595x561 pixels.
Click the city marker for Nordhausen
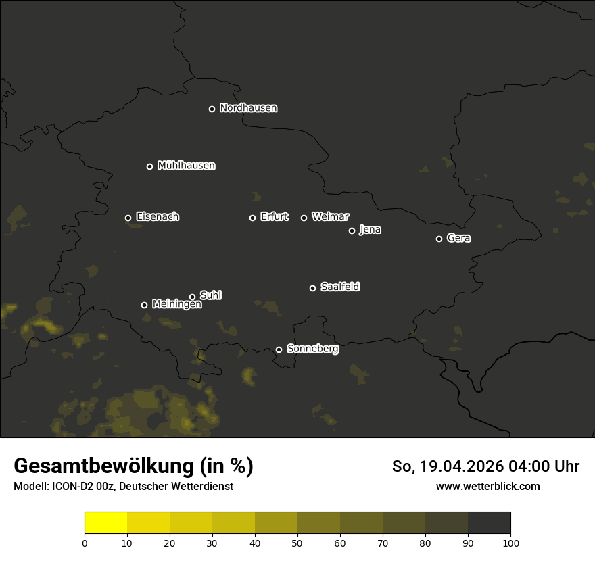tap(212, 109)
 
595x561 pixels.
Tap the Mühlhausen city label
tap(186, 166)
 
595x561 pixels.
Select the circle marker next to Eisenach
tap(128, 218)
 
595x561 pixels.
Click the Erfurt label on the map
tap(274, 217)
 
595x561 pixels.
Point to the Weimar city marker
tap(304, 218)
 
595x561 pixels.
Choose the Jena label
tap(370, 230)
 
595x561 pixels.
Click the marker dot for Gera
tap(439, 239)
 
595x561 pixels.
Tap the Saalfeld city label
tap(339, 287)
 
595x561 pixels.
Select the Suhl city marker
tap(192, 297)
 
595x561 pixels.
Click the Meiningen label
tap(176, 305)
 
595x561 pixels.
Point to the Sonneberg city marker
tap(279, 349)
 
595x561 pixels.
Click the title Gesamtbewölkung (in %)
tap(133, 466)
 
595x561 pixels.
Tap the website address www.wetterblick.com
tap(487, 486)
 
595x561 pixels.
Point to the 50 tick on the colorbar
tap(297, 543)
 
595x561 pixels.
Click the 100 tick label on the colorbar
tap(510, 543)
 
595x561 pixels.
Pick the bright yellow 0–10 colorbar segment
tap(106, 523)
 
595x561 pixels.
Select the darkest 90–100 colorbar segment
tap(489, 523)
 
